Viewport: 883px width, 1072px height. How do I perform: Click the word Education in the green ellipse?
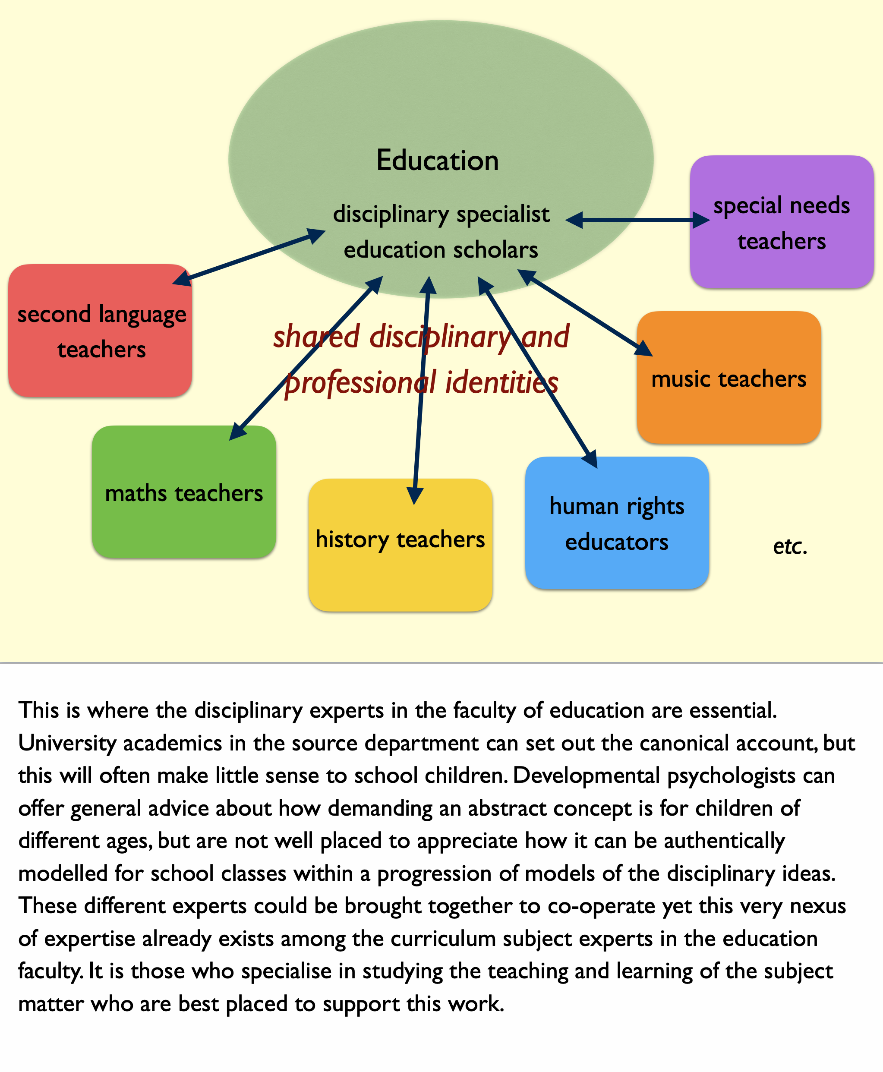pyautogui.click(x=438, y=161)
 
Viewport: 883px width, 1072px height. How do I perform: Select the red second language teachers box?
pyautogui.click(x=100, y=331)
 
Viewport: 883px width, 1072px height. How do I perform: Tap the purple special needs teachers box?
pyautogui.click(x=782, y=222)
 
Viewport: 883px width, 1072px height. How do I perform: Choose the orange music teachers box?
pyautogui.click(x=729, y=377)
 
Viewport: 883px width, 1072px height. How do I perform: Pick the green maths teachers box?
pyautogui.click(x=184, y=492)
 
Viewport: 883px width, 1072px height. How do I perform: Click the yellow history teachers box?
pyautogui.click(x=401, y=545)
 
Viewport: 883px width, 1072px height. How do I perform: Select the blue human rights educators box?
pyautogui.click(x=617, y=523)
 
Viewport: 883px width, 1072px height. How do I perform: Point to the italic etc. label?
pyautogui.click(x=790, y=546)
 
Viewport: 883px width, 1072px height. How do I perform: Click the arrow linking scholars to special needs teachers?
pyautogui.click(x=637, y=220)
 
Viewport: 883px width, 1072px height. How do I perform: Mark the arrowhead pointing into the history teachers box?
pyautogui.click(x=415, y=496)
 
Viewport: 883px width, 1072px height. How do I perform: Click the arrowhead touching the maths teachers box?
pyautogui.click(x=237, y=431)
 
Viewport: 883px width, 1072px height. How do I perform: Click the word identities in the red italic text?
pyautogui.click(x=502, y=382)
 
